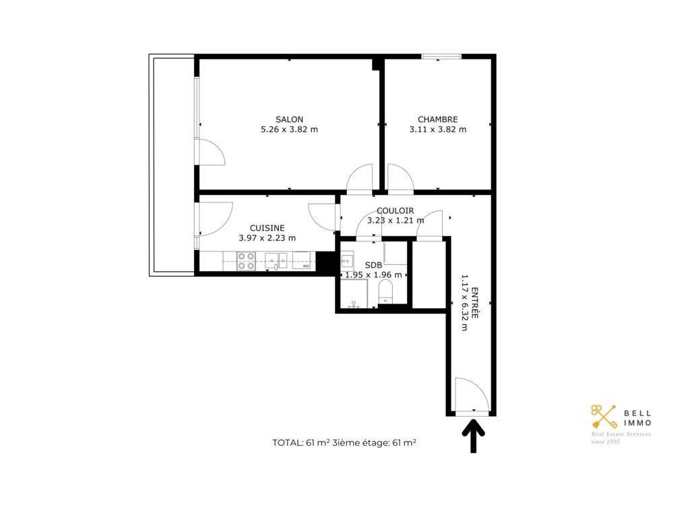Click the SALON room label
coord(289,119)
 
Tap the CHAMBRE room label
coord(437,119)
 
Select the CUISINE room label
coord(267,228)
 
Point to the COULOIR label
coord(395,211)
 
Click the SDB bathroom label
coord(373,266)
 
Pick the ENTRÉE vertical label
coord(475,303)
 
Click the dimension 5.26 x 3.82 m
coord(289,129)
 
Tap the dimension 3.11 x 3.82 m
coord(437,129)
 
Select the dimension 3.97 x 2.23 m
coord(267,238)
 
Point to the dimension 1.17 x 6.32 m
coord(464,303)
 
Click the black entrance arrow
coord(474,435)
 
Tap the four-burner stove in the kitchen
coord(247,261)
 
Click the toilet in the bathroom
coord(385,291)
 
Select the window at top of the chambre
coord(441,57)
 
